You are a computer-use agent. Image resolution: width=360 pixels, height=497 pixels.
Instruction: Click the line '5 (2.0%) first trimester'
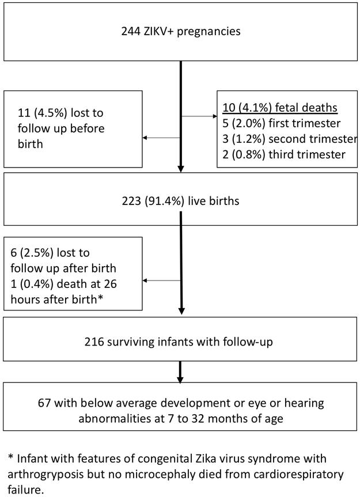click(x=275, y=123)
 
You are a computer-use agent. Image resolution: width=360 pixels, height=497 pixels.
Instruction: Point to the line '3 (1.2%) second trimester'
click(x=286, y=139)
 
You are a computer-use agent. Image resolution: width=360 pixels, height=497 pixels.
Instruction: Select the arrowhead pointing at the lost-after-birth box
click(x=146, y=280)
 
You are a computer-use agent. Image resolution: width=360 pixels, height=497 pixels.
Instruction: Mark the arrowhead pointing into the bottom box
click(x=181, y=380)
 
